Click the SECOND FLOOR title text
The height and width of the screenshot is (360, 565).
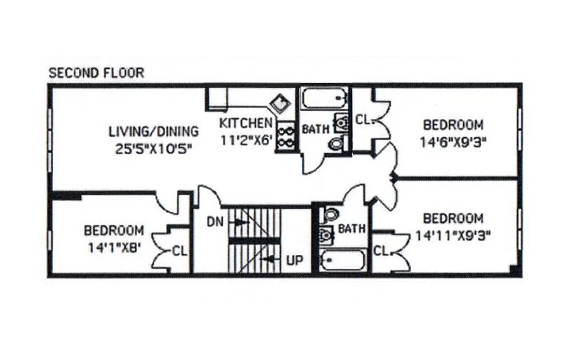(x=96, y=72)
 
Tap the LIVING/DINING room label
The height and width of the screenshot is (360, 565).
(x=154, y=131)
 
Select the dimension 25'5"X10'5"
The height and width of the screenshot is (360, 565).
(x=154, y=149)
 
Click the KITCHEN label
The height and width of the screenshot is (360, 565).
(x=246, y=122)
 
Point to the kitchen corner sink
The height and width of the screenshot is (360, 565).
(x=279, y=104)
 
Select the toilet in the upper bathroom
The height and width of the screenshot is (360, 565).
(x=336, y=143)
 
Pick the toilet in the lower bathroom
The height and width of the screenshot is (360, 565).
(x=330, y=214)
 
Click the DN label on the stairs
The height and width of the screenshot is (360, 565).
(x=215, y=221)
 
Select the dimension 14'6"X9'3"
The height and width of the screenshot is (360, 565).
(x=453, y=142)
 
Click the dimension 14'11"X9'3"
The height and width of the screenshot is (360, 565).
(x=453, y=236)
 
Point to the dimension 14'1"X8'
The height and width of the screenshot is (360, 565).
(x=113, y=247)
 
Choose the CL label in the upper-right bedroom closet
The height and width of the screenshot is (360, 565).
(x=363, y=120)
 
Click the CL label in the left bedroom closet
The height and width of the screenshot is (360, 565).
(x=180, y=251)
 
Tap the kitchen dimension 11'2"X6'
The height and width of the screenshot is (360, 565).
(x=246, y=139)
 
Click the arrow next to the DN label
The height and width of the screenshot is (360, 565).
(x=239, y=222)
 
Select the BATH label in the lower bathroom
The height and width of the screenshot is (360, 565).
(x=352, y=228)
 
